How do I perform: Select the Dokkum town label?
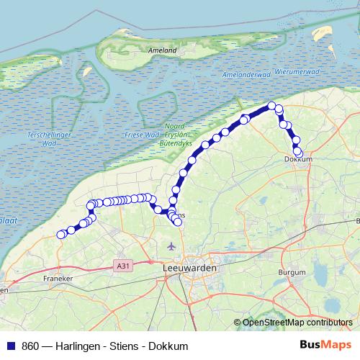(x=298, y=159)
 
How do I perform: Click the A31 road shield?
(x=123, y=266)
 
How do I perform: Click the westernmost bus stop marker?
(x=60, y=235)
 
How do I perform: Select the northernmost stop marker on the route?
(x=272, y=107)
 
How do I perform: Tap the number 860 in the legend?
(x=31, y=346)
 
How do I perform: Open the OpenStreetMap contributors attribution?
(x=297, y=323)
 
